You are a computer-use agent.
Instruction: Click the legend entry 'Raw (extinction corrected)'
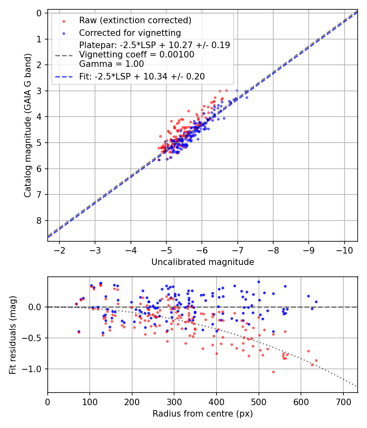135,20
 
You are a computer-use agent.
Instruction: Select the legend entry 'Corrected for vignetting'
130,33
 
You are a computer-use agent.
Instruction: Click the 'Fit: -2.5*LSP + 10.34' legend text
142,76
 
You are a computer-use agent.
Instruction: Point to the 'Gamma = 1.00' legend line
111,64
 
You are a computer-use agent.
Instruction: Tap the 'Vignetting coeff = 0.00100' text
137,55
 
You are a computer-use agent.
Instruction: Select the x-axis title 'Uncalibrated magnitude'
203,262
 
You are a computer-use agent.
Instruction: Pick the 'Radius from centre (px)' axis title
203,414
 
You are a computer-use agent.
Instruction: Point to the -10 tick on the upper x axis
344,249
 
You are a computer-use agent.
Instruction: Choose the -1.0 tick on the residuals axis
34,369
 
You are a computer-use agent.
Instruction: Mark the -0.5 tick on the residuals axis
34,338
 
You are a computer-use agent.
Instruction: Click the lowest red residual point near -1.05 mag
273,372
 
